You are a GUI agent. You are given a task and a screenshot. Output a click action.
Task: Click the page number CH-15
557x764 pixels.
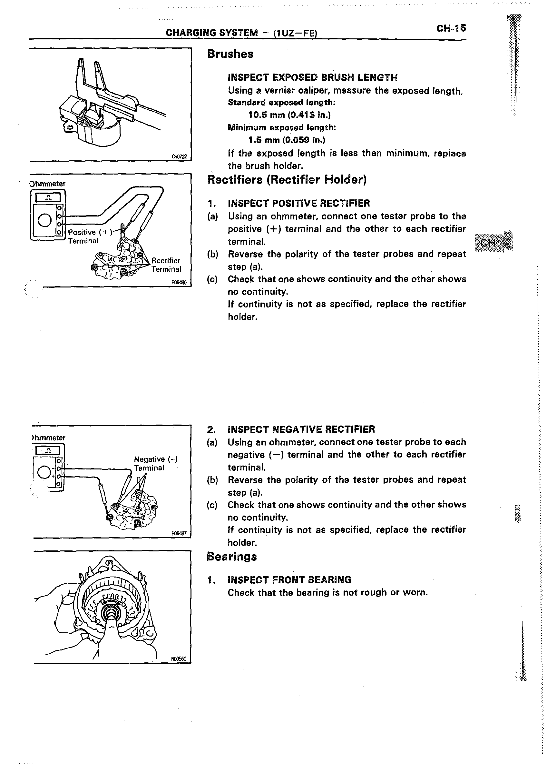coord(451,28)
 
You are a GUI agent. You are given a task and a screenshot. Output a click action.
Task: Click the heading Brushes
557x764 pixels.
coord(230,54)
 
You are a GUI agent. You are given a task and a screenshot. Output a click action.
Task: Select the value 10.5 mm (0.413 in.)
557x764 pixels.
coord(289,115)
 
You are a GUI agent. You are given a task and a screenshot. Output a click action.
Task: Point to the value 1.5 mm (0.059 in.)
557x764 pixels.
coord(287,140)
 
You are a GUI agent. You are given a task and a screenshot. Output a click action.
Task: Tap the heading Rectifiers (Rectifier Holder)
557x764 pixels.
coord(287,179)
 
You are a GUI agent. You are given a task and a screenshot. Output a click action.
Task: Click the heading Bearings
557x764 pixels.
coord(232,557)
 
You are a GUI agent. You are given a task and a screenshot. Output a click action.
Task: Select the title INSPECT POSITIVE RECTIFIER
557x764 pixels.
coord(299,204)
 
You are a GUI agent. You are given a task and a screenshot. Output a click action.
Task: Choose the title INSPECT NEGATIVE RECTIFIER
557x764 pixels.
coord(301,429)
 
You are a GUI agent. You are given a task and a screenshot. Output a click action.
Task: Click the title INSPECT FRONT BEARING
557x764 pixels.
coord(289,580)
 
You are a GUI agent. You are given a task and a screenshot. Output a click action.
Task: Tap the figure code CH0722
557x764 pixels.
coord(179,156)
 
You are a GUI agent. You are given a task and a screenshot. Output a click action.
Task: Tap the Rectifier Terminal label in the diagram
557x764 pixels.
coord(166,265)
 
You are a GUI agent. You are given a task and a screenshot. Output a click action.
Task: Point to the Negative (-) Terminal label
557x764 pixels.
coord(155,463)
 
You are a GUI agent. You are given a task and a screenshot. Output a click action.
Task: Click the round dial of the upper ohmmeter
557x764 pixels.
coord(45,221)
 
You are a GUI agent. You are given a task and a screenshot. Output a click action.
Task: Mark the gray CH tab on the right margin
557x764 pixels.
coord(493,243)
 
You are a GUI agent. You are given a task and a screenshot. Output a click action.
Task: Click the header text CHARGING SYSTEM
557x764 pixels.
coord(211,33)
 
